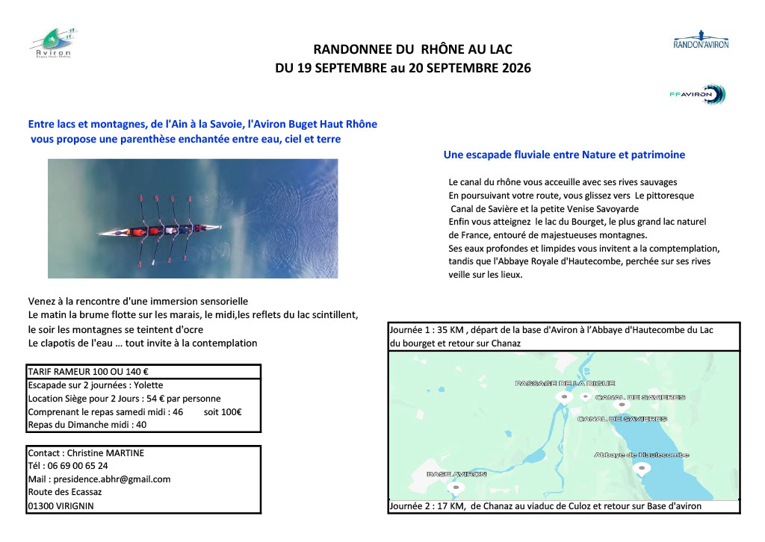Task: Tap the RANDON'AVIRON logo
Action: [701, 40]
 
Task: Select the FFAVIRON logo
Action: [698, 94]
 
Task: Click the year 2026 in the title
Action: [513, 68]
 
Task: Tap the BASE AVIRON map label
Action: [456, 474]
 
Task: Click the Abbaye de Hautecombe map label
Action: [641, 455]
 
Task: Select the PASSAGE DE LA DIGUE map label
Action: [554, 383]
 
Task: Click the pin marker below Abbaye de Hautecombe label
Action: [641, 468]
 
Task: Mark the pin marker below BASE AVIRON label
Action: [456, 488]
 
